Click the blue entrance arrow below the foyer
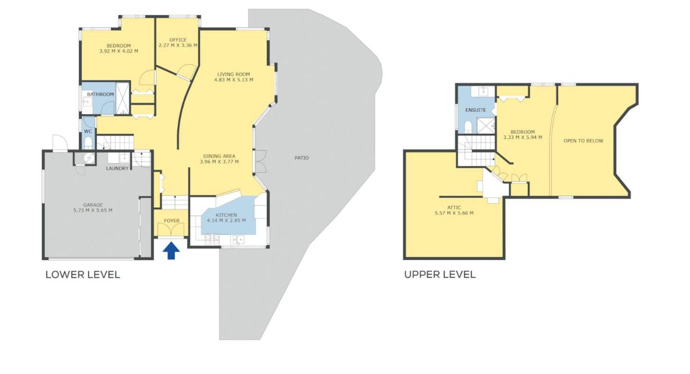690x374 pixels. click(x=171, y=251)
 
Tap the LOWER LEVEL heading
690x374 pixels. click(x=83, y=275)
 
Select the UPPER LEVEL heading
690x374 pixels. click(x=439, y=275)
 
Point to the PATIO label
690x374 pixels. click(x=302, y=158)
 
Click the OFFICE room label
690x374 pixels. click(x=178, y=40)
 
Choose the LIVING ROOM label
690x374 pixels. click(x=234, y=74)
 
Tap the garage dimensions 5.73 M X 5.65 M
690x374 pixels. click(x=93, y=211)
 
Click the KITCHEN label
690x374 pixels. click(x=227, y=215)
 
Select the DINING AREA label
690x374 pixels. click(x=219, y=156)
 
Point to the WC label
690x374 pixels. click(x=88, y=131)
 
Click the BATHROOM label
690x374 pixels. click(x=101, y=94)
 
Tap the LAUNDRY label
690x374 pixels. click(x=117, y=168)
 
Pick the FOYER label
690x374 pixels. click(x=171, y=220)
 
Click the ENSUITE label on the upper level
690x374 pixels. click(x=476, y=110)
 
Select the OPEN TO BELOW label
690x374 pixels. click(x=584, y=141)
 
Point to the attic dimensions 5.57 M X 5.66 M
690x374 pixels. click(x=454, y=213)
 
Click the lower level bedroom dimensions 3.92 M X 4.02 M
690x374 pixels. click(x=119, y=51)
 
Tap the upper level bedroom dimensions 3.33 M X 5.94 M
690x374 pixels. click(x=523, y=137)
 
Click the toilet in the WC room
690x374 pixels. click(x=88, y=143)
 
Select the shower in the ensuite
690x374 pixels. click(x=486, y=126)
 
